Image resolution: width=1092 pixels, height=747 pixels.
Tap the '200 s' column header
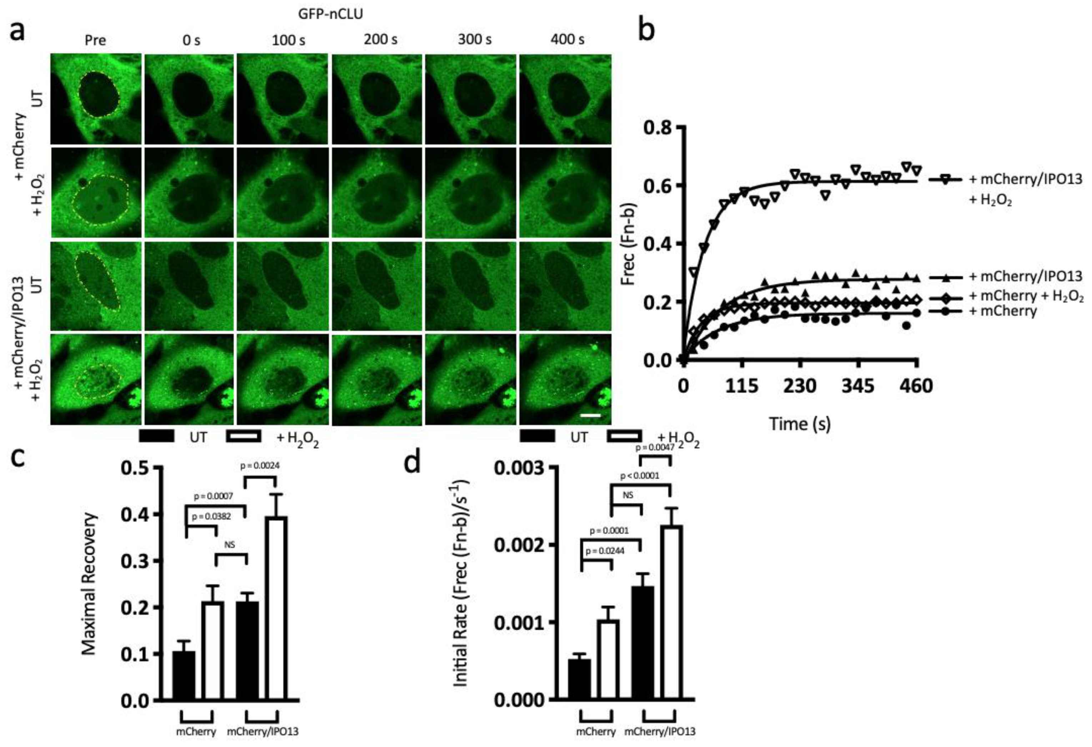pyautogui.click(x=380, y=40)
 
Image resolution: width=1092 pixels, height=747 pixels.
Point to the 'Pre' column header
pyautogui.click(x=95, y=40)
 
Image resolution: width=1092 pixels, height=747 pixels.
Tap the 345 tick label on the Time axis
pyautogui.click(x=859, y=386)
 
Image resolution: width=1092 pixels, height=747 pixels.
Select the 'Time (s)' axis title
pyautogui.click(x=800, y=424)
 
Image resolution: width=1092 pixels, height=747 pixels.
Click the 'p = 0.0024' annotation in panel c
pyautogui.click(x=260, y=466)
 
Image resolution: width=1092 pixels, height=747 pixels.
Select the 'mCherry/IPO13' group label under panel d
pyautogui.click(x=659, y=732)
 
